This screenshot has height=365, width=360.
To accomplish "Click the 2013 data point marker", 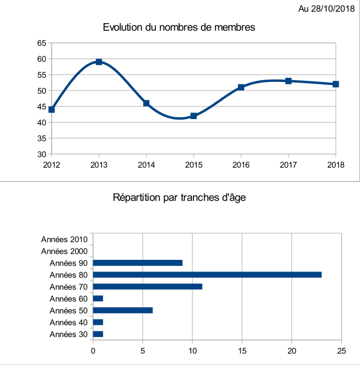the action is [99, 62].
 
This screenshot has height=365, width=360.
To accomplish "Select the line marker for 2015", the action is [194, 115].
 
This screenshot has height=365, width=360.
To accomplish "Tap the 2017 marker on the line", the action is [288, 81].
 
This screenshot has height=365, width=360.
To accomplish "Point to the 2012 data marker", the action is [52, 109].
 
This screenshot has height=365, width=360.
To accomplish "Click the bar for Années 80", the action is [207, 275].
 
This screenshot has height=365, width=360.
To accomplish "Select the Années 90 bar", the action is [138, 263].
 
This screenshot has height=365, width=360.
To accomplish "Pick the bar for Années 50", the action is [123, 310].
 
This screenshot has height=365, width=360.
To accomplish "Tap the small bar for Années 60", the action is [98, 298].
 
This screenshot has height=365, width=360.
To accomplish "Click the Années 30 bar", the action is [98, 334].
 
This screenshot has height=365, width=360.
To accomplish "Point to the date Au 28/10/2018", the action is [327, 9].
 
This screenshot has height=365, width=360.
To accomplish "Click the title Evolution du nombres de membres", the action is [179, 27].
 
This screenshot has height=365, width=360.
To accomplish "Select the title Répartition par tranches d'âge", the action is [179, 197].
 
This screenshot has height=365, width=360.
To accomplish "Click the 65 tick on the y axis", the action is [42, 43].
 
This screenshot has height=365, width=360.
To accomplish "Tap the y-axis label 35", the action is [42, 138].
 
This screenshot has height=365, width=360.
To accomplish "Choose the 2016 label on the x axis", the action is [241, 165].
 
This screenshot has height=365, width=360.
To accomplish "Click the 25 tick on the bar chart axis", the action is [341, 351].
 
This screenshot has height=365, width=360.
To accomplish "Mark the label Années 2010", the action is [64, 239].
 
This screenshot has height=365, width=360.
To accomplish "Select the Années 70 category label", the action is [69, 287].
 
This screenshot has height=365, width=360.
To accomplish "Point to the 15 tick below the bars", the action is [242, 351].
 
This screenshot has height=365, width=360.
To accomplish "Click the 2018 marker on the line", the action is [336, 84].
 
